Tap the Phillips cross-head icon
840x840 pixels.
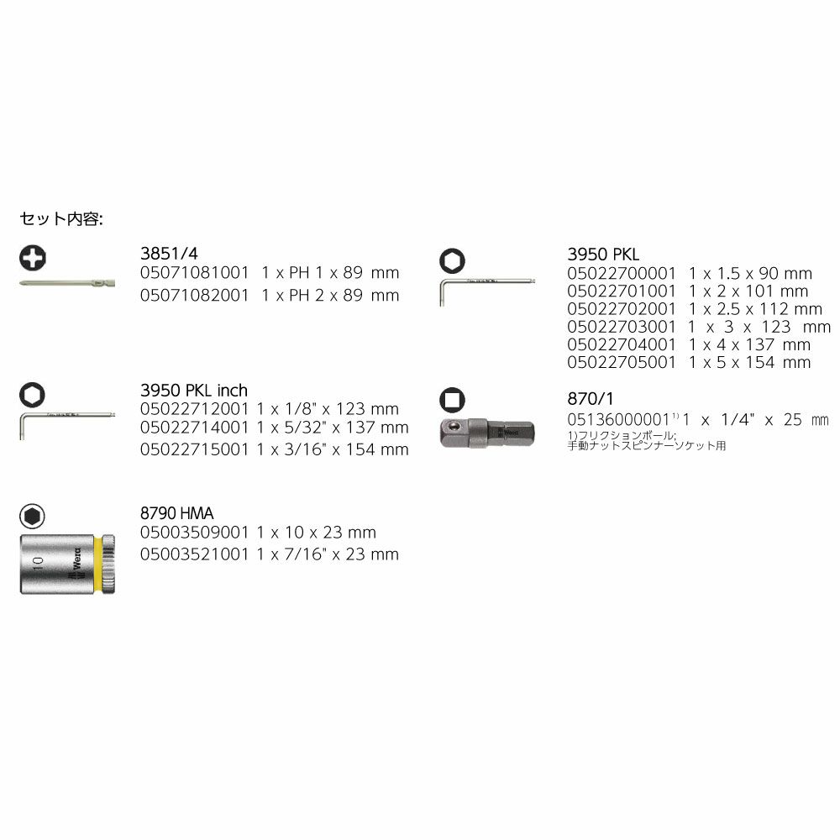[34, 257]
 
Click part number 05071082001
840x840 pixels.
[194, 295]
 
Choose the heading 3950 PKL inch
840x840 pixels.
[193, 391]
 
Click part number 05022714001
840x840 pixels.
[194, 428]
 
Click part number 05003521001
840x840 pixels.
[194, 554]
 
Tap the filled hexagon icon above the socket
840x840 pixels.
[34, 516]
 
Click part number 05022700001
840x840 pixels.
[621, 273]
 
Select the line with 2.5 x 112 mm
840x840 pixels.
[749, 309]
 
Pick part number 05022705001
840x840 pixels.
[621, 362]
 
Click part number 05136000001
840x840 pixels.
[621, 418]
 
